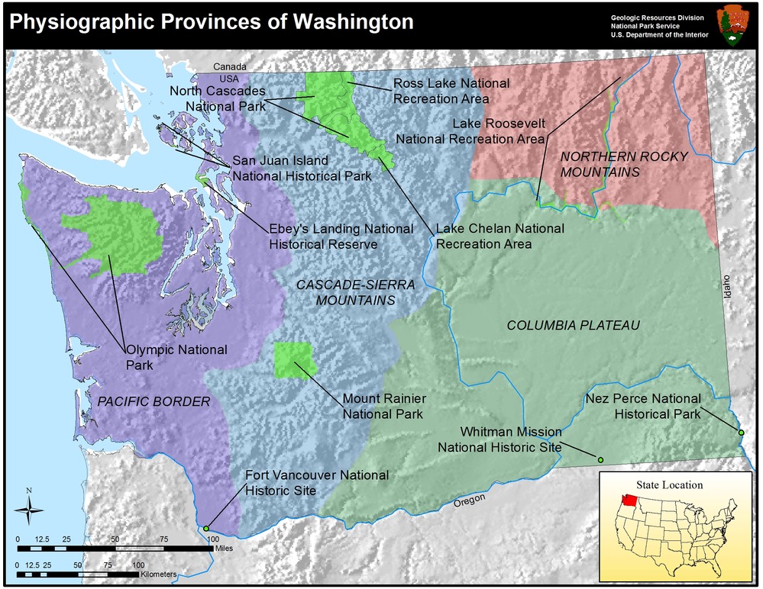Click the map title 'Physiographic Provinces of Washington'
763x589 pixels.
click(x=211, y=21)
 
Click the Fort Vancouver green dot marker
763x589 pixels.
click(x=205, y=528)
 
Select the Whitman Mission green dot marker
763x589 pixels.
click(x=600, y=459)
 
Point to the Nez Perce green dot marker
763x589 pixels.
click(x=741, y=433)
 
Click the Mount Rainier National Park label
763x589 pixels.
click(x=383, y=407)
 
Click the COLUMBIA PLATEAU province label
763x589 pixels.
click(x=573, y=326)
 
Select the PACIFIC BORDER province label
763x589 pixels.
click(x=153, y=401)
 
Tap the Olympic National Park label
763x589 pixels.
click(x=176, y=357)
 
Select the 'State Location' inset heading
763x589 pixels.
click(x=669, y=484)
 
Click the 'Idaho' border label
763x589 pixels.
click(x=727, y=286)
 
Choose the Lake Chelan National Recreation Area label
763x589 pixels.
click(x=500, y=236)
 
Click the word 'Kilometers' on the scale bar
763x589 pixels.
click(x=160, y=574)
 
